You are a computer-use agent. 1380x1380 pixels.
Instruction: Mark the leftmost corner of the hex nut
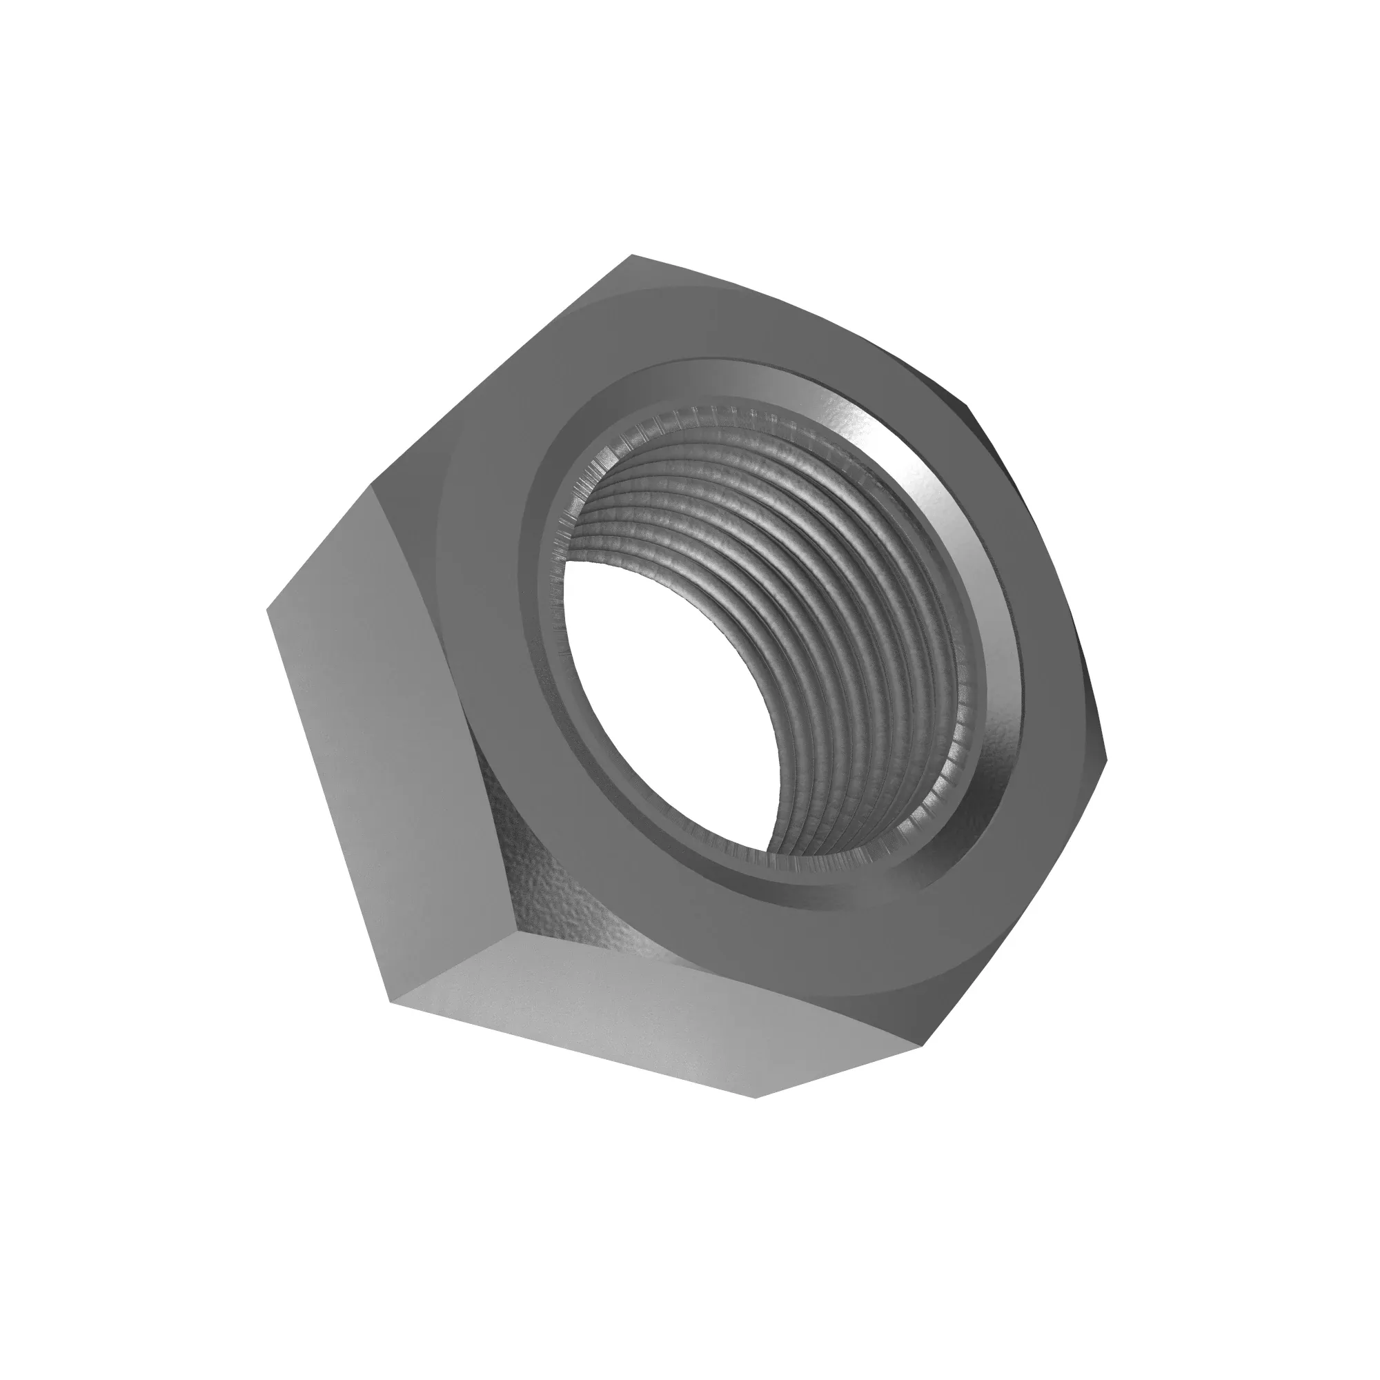(267, 611)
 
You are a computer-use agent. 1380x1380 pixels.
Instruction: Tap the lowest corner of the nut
(756, 1117)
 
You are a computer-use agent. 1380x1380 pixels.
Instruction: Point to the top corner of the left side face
(371, 484)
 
